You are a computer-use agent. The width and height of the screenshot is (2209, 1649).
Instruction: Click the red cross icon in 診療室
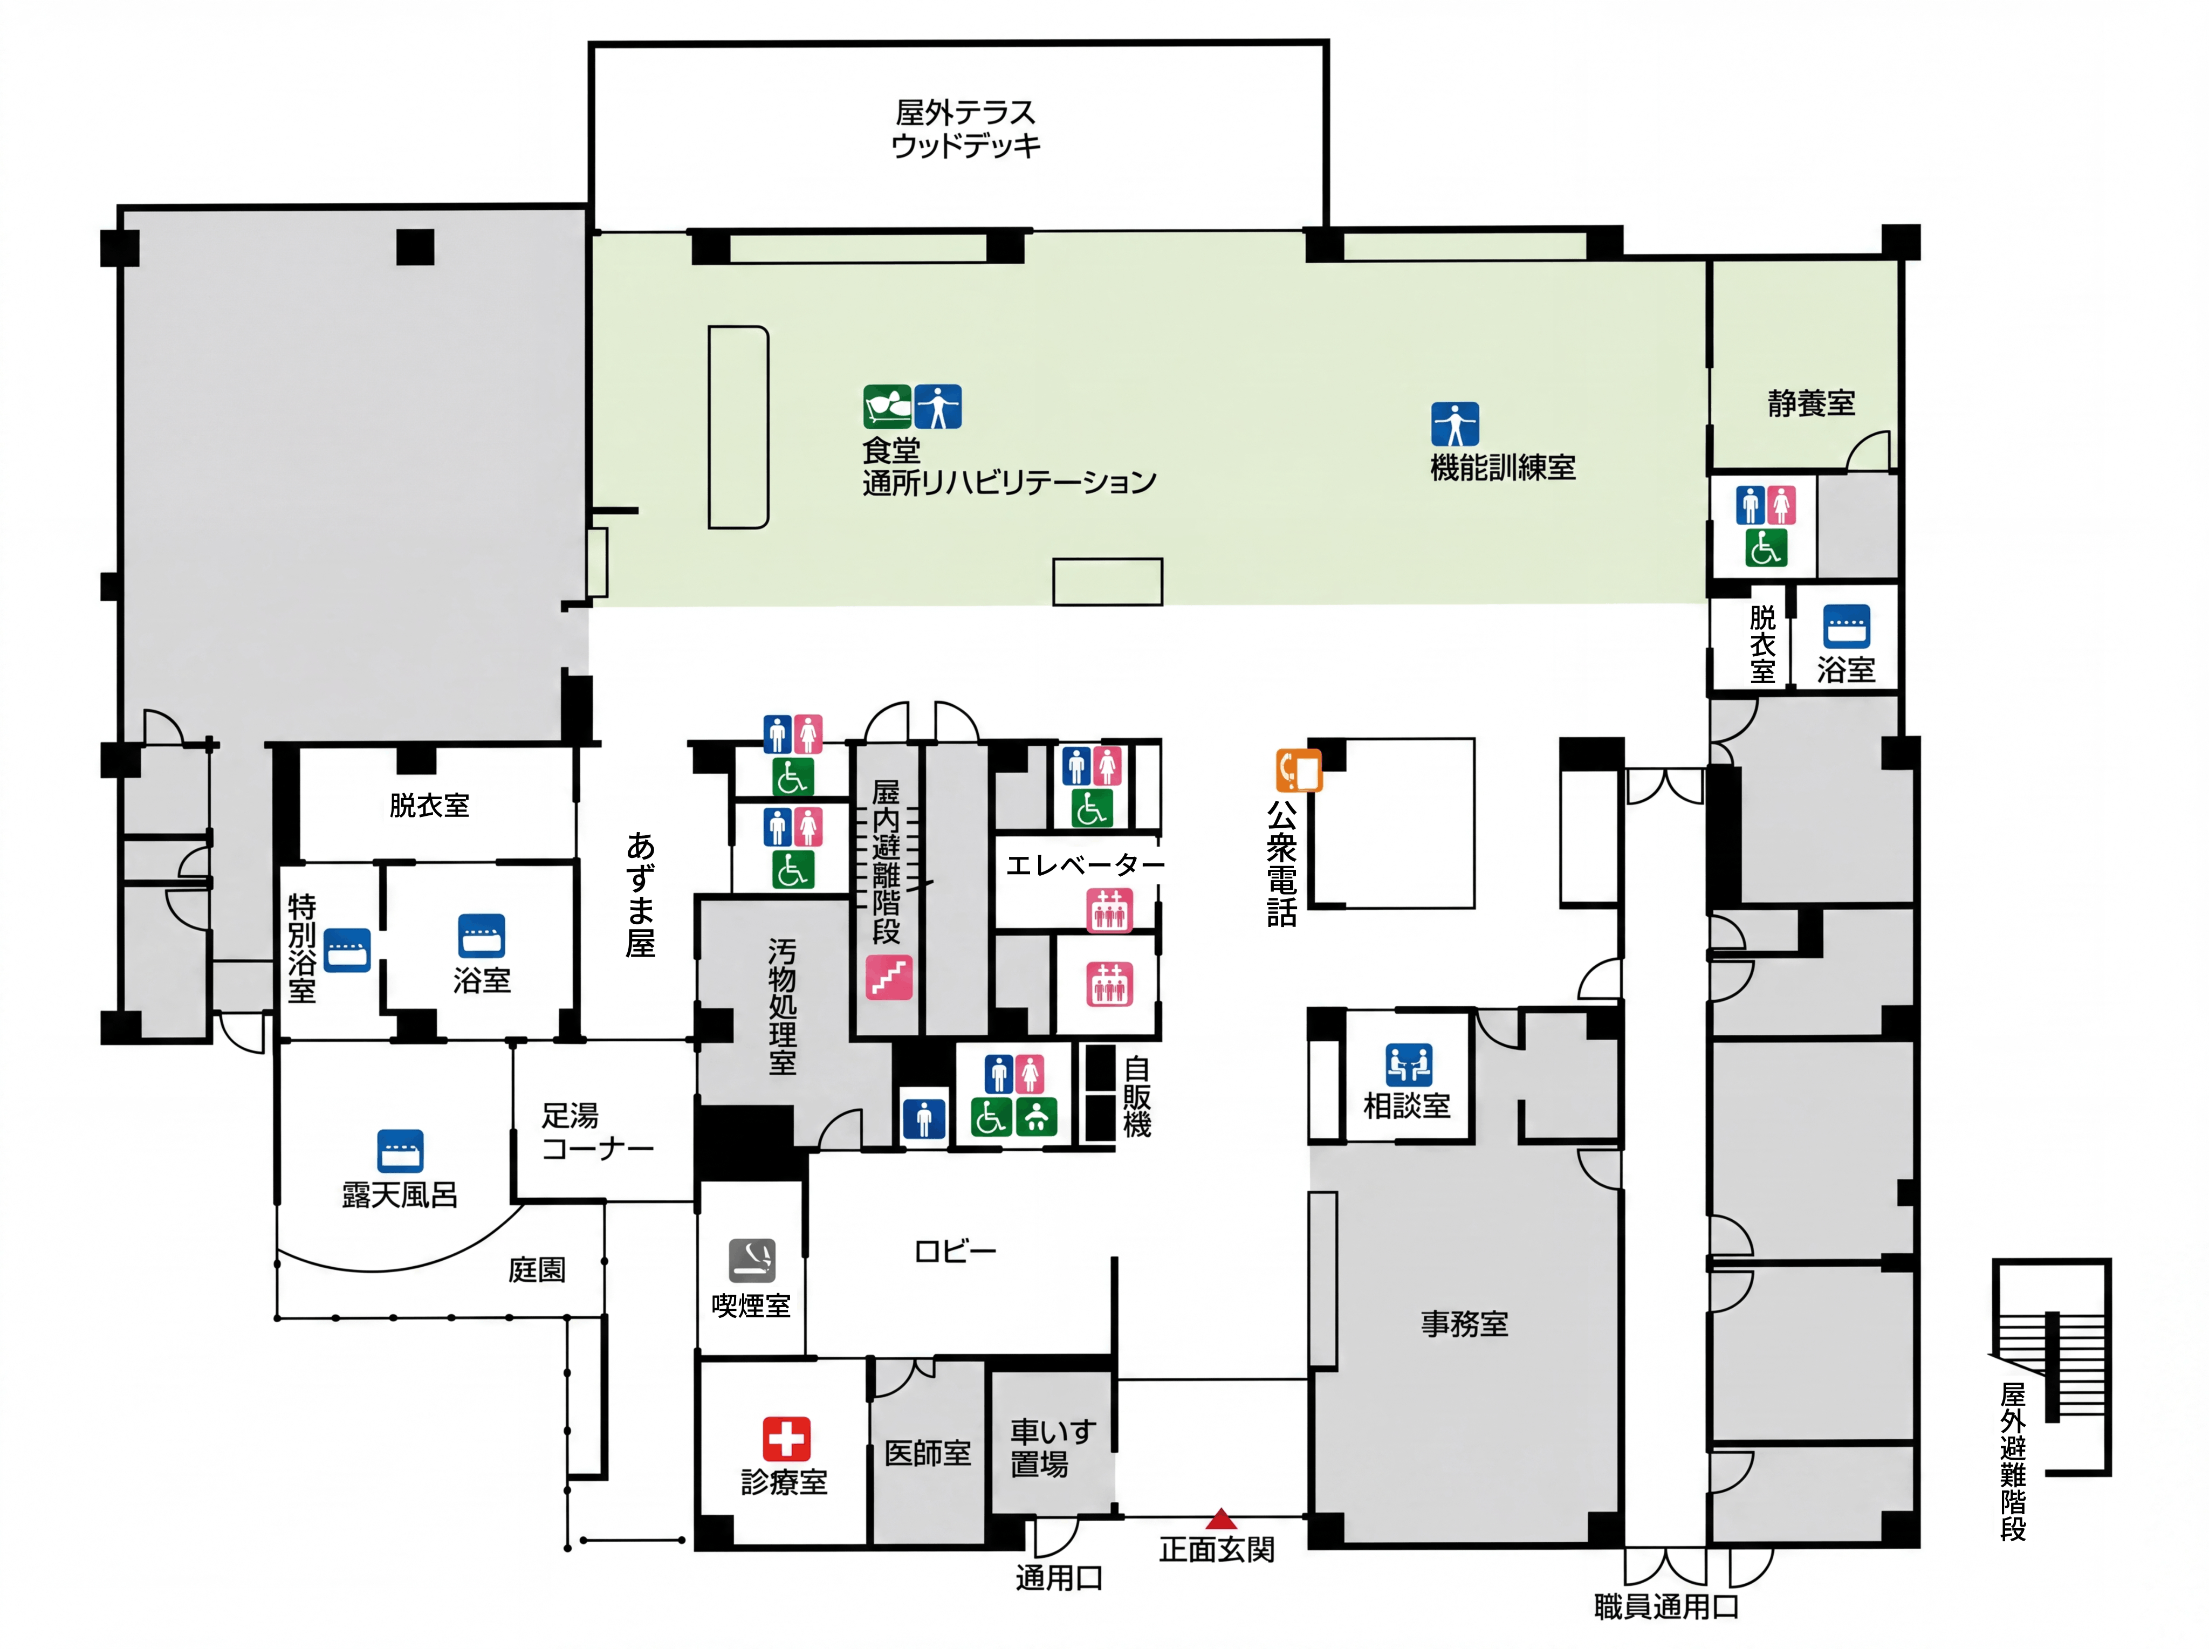click(786, 1438)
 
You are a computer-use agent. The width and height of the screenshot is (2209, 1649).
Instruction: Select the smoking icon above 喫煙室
click(752, 1260)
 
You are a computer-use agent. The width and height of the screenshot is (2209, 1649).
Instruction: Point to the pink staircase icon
click(888, 977)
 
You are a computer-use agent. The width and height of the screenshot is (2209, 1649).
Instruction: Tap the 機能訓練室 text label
click(1503, 467)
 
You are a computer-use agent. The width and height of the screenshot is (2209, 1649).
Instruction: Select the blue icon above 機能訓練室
click(1455, 424)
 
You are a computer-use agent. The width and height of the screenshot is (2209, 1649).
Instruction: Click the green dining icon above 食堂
click(887, 406)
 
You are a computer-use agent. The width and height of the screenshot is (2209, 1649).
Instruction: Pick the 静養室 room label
click(1810, 403)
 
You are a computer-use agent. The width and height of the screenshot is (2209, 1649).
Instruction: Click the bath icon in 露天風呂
click(400, 1151)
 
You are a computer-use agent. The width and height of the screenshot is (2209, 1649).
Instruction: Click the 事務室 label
click(1464, 1324)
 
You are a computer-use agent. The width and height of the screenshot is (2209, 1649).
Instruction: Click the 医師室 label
click(927, 1453)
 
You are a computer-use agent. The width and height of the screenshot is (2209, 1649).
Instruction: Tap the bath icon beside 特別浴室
click(347, 950)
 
